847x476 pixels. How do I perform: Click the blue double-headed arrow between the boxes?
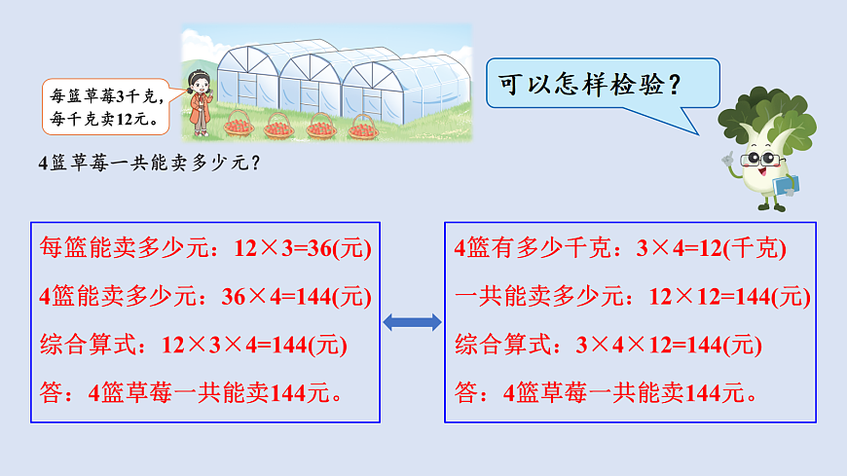pyautogui.click(x=412, y=323)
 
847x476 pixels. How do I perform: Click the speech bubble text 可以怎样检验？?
pyautogui.click(x=588, y=84)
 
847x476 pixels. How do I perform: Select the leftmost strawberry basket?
pyautogui.click(x=239, y=124)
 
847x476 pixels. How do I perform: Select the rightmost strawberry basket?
pyautogui.click(x=362, y=126)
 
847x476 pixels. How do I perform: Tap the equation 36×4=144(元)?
pyautogui.click(x=304, y=296)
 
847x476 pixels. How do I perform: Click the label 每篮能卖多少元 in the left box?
pyautogui.click(x=130, y=248)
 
